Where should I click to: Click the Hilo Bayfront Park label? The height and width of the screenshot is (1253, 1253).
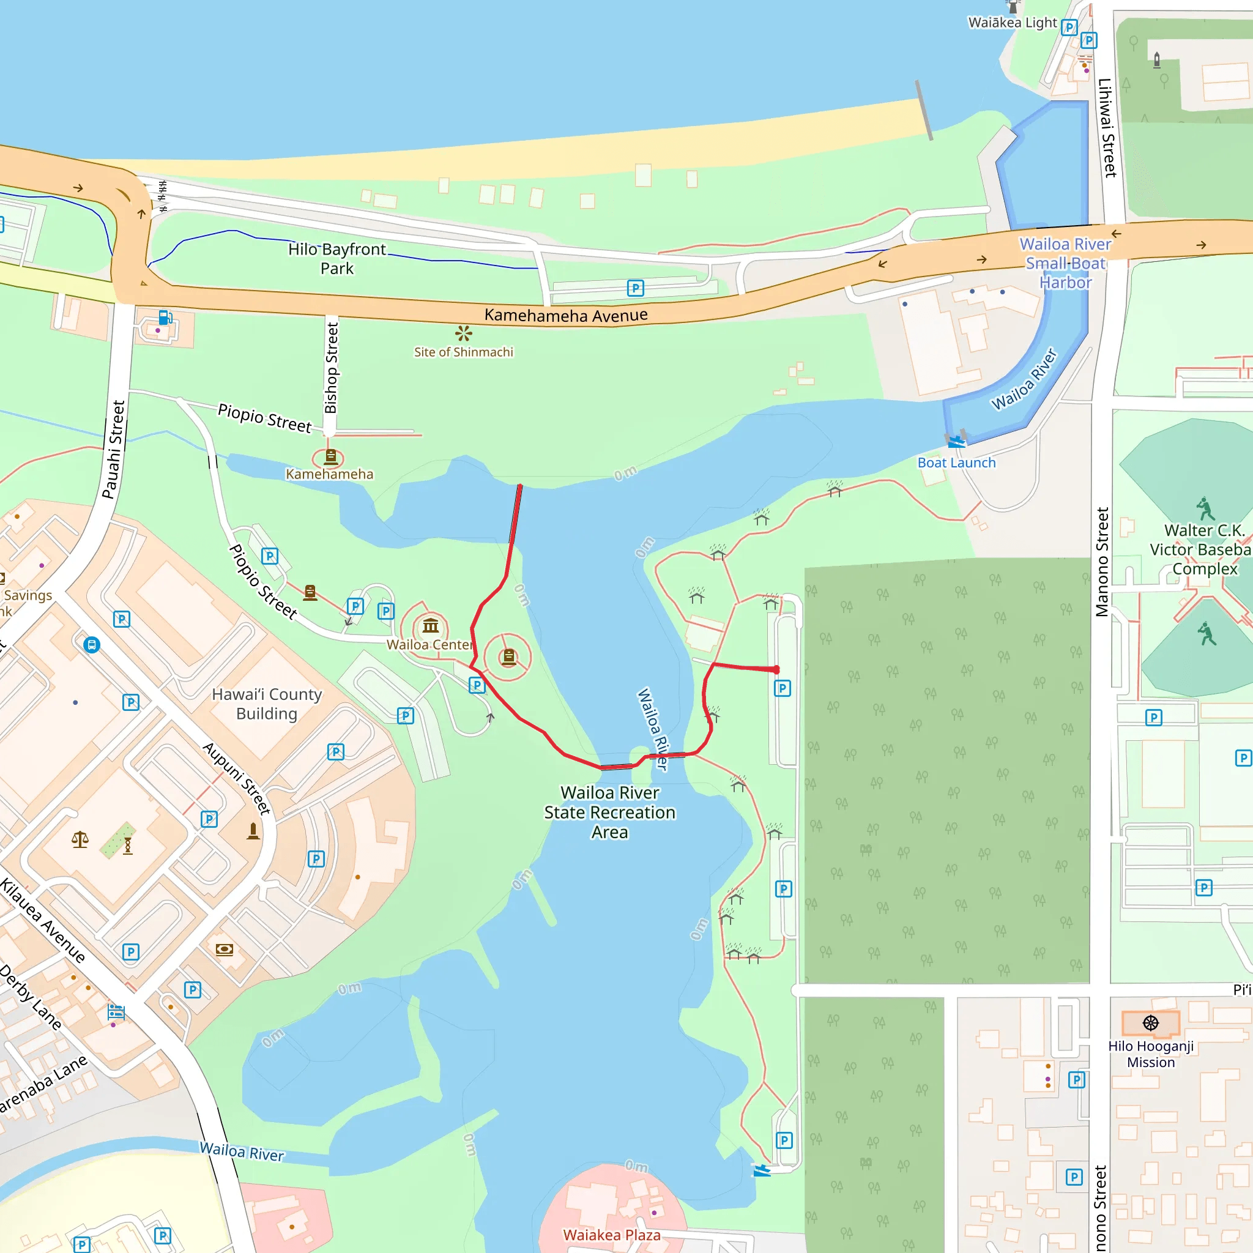click(x=336, y=258)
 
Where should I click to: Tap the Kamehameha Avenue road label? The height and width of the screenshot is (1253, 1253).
click(x=565, y=315)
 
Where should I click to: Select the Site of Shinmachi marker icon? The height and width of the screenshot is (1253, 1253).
click(x=463, y=334)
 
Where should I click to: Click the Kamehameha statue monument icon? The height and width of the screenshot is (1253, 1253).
click(x=331, y=457)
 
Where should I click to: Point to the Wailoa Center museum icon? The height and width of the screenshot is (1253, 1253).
click(x=431, y=626)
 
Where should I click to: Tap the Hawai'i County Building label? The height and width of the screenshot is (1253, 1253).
click(x=267, y=704)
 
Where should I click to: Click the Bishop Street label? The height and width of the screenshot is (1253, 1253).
click(x=332, y=368)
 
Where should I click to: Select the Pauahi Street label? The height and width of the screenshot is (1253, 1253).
click(x=114, y=450)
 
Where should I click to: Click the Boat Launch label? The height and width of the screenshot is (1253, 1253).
click(x=956, y=463)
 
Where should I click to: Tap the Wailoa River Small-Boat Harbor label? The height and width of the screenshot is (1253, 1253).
click(x=1065, y=263)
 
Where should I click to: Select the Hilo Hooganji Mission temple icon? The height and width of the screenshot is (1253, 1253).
click(x=1151, y=1023)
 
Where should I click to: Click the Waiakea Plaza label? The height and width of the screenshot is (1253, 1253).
click(x=612, y=1235)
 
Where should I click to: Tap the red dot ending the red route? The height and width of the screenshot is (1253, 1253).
click(x=776, y=670)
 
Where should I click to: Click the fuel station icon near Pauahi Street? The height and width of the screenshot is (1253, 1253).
click(x=165, y=317)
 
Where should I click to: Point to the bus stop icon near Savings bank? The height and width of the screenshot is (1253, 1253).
click(x=91, y=645)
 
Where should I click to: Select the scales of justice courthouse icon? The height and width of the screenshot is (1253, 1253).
click(x=80, y=840)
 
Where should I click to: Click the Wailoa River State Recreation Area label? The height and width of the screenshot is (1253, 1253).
click(x=609, y=812)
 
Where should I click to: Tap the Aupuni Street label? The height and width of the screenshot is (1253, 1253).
click(x=236, y=778)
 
